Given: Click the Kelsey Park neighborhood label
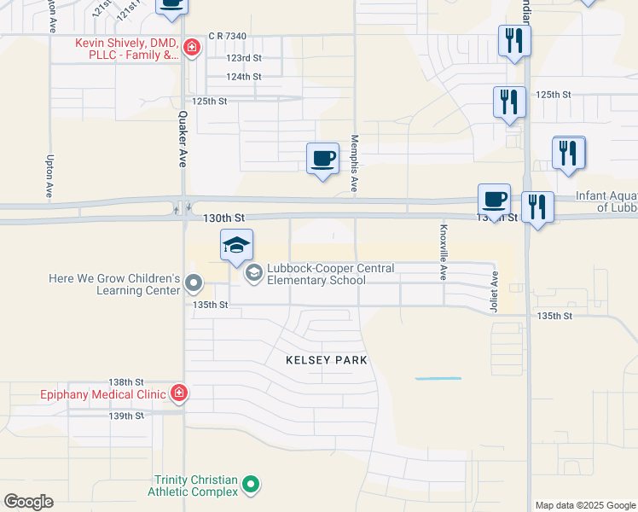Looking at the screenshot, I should click(327, 360).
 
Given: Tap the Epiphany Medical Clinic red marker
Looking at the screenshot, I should click(179, 393).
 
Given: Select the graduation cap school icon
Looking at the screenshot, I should click(237, 247).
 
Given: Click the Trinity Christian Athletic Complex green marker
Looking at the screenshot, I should click(250, 486).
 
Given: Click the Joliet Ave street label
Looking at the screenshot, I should click(494, 291).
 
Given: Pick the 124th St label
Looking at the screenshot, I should click(243, 77).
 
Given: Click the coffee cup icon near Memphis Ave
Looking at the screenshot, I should click(322, 159).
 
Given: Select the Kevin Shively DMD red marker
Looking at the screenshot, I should click(192, 46).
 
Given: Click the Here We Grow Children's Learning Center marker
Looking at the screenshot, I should click(194, 282).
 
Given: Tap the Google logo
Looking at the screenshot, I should click(28, 502).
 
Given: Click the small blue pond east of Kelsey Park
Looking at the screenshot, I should click(438, 378).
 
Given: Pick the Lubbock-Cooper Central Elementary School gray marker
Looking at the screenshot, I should click(253, 273).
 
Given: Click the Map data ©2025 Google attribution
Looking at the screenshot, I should click(585, 505).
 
